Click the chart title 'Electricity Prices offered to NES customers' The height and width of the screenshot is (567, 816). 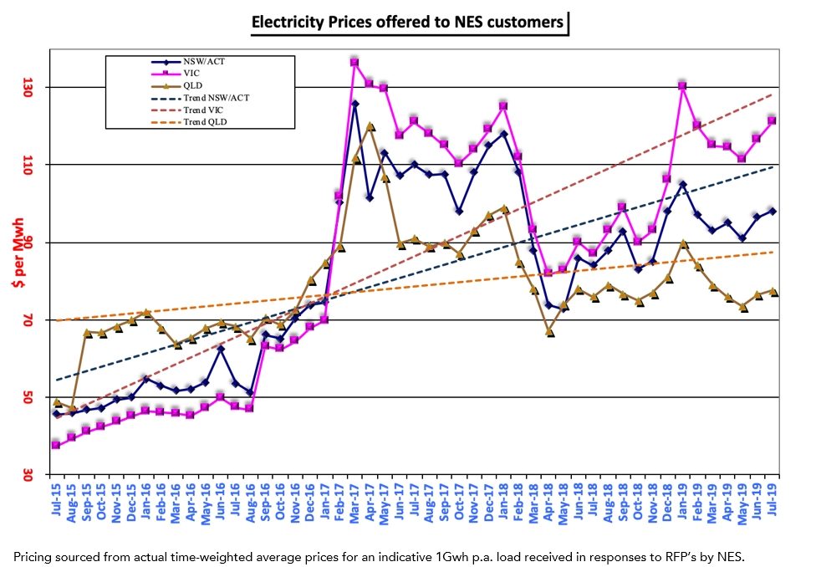click(408, 23)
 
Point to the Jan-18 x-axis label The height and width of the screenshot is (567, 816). click(504, 501)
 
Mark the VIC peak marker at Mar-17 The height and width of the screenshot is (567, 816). click(354, 62)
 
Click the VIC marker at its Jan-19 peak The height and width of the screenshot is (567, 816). click(682, 85)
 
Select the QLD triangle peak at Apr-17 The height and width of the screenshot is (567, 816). click(370, 126)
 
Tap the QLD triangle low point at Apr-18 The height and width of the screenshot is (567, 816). click(550, 332)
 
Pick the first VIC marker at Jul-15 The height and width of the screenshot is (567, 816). click(55, 445)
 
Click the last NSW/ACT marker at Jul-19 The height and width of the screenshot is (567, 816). click(772, 211)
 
